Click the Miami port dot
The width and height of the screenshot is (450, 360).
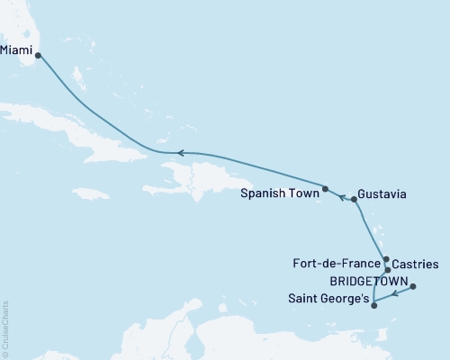(38, 55)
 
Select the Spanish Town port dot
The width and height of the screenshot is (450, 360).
(325, 189)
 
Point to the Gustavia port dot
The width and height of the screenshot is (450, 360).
(354, 200)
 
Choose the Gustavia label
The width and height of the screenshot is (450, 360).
(385, 193)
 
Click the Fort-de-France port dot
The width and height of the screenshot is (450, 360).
(385, 259)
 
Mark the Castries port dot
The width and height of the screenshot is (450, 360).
(387, 270)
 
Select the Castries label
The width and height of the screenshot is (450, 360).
(417, 265)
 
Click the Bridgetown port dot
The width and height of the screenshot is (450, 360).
(413, 287)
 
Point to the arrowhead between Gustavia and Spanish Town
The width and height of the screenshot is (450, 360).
(340, 195)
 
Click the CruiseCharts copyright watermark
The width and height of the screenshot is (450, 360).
(6, 329)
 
